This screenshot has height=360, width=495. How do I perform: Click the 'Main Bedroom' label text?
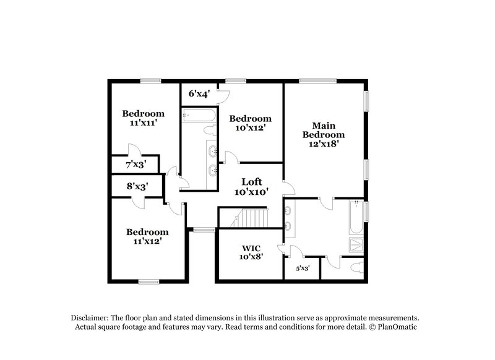323,129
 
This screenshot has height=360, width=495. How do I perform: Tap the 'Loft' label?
251,181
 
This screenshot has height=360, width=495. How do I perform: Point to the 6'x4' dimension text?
199,94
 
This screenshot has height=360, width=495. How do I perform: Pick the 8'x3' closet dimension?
137,186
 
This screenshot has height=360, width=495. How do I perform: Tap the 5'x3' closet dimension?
302,268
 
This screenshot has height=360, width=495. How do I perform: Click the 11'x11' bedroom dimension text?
143,122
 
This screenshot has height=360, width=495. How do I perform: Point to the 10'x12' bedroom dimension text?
250,127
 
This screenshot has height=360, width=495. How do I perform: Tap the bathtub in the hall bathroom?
199,115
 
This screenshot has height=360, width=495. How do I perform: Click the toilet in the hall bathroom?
209,131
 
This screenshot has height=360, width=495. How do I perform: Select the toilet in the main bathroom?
355,268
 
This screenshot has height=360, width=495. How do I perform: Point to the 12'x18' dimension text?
323,144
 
